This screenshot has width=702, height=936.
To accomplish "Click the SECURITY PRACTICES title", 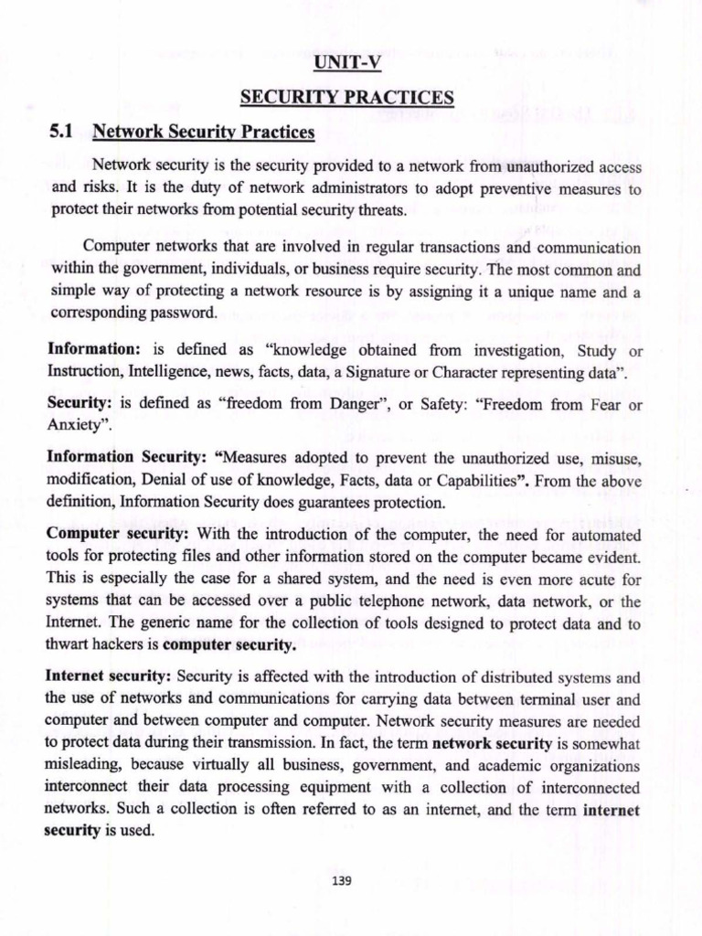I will (x=346, y=99).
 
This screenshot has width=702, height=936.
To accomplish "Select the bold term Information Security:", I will (x=132, y=457).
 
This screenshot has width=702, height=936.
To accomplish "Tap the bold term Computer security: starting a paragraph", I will (x=118, y=534).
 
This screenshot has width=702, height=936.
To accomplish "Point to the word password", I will (x=186, y=312).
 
